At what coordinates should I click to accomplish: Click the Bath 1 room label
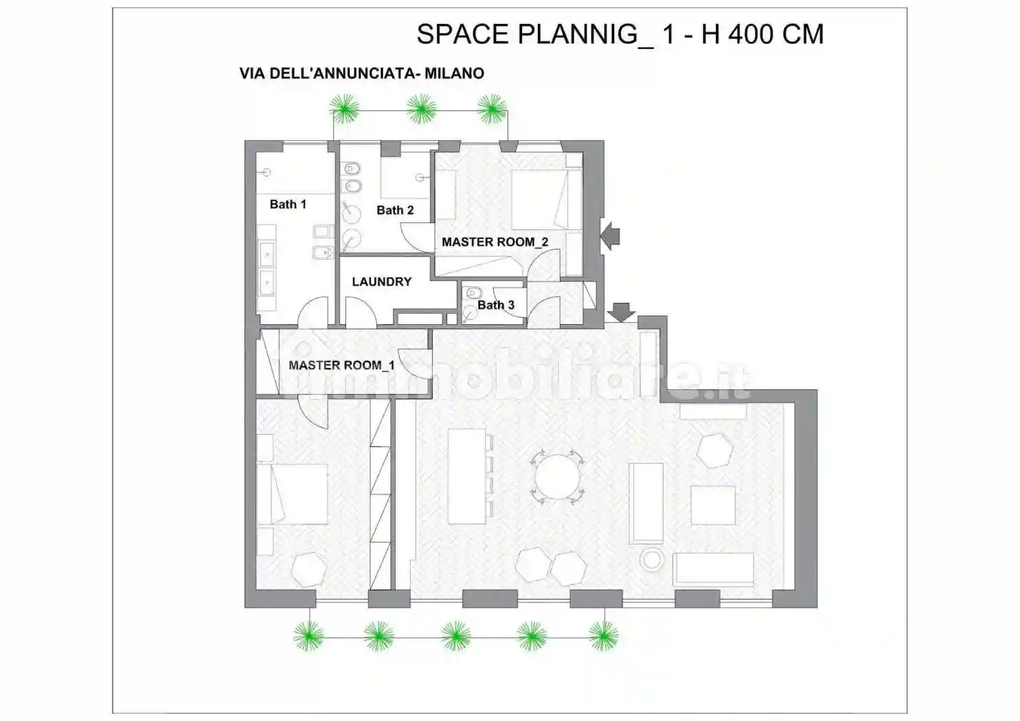click(x=288, y=205)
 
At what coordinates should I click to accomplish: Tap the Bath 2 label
click(x=395, y=210)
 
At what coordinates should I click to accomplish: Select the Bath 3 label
click(x=496, y=305)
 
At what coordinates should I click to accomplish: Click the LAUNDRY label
click(x=382, y=282)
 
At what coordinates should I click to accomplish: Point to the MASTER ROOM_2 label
click(x=495, y=242)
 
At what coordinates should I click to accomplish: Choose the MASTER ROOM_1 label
click(x=341, y=365)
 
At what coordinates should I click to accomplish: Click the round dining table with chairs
click(x=557, y=477)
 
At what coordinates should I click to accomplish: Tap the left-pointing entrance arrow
click(x=610, y=236)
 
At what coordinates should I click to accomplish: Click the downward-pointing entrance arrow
click(x=621, y=312)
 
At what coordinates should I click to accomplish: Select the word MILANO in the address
click(x=455, y=73)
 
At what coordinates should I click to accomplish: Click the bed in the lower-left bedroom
click(x=292, y=494)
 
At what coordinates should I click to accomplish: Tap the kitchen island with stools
click(x=470, y=477)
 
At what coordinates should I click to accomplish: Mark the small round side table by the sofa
click(x=652, y=560)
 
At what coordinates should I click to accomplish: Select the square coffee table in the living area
click(x=713, y=505)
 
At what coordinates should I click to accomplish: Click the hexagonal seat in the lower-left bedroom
click(x=309, y=570)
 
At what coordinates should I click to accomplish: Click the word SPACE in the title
click(x=463, y=34)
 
